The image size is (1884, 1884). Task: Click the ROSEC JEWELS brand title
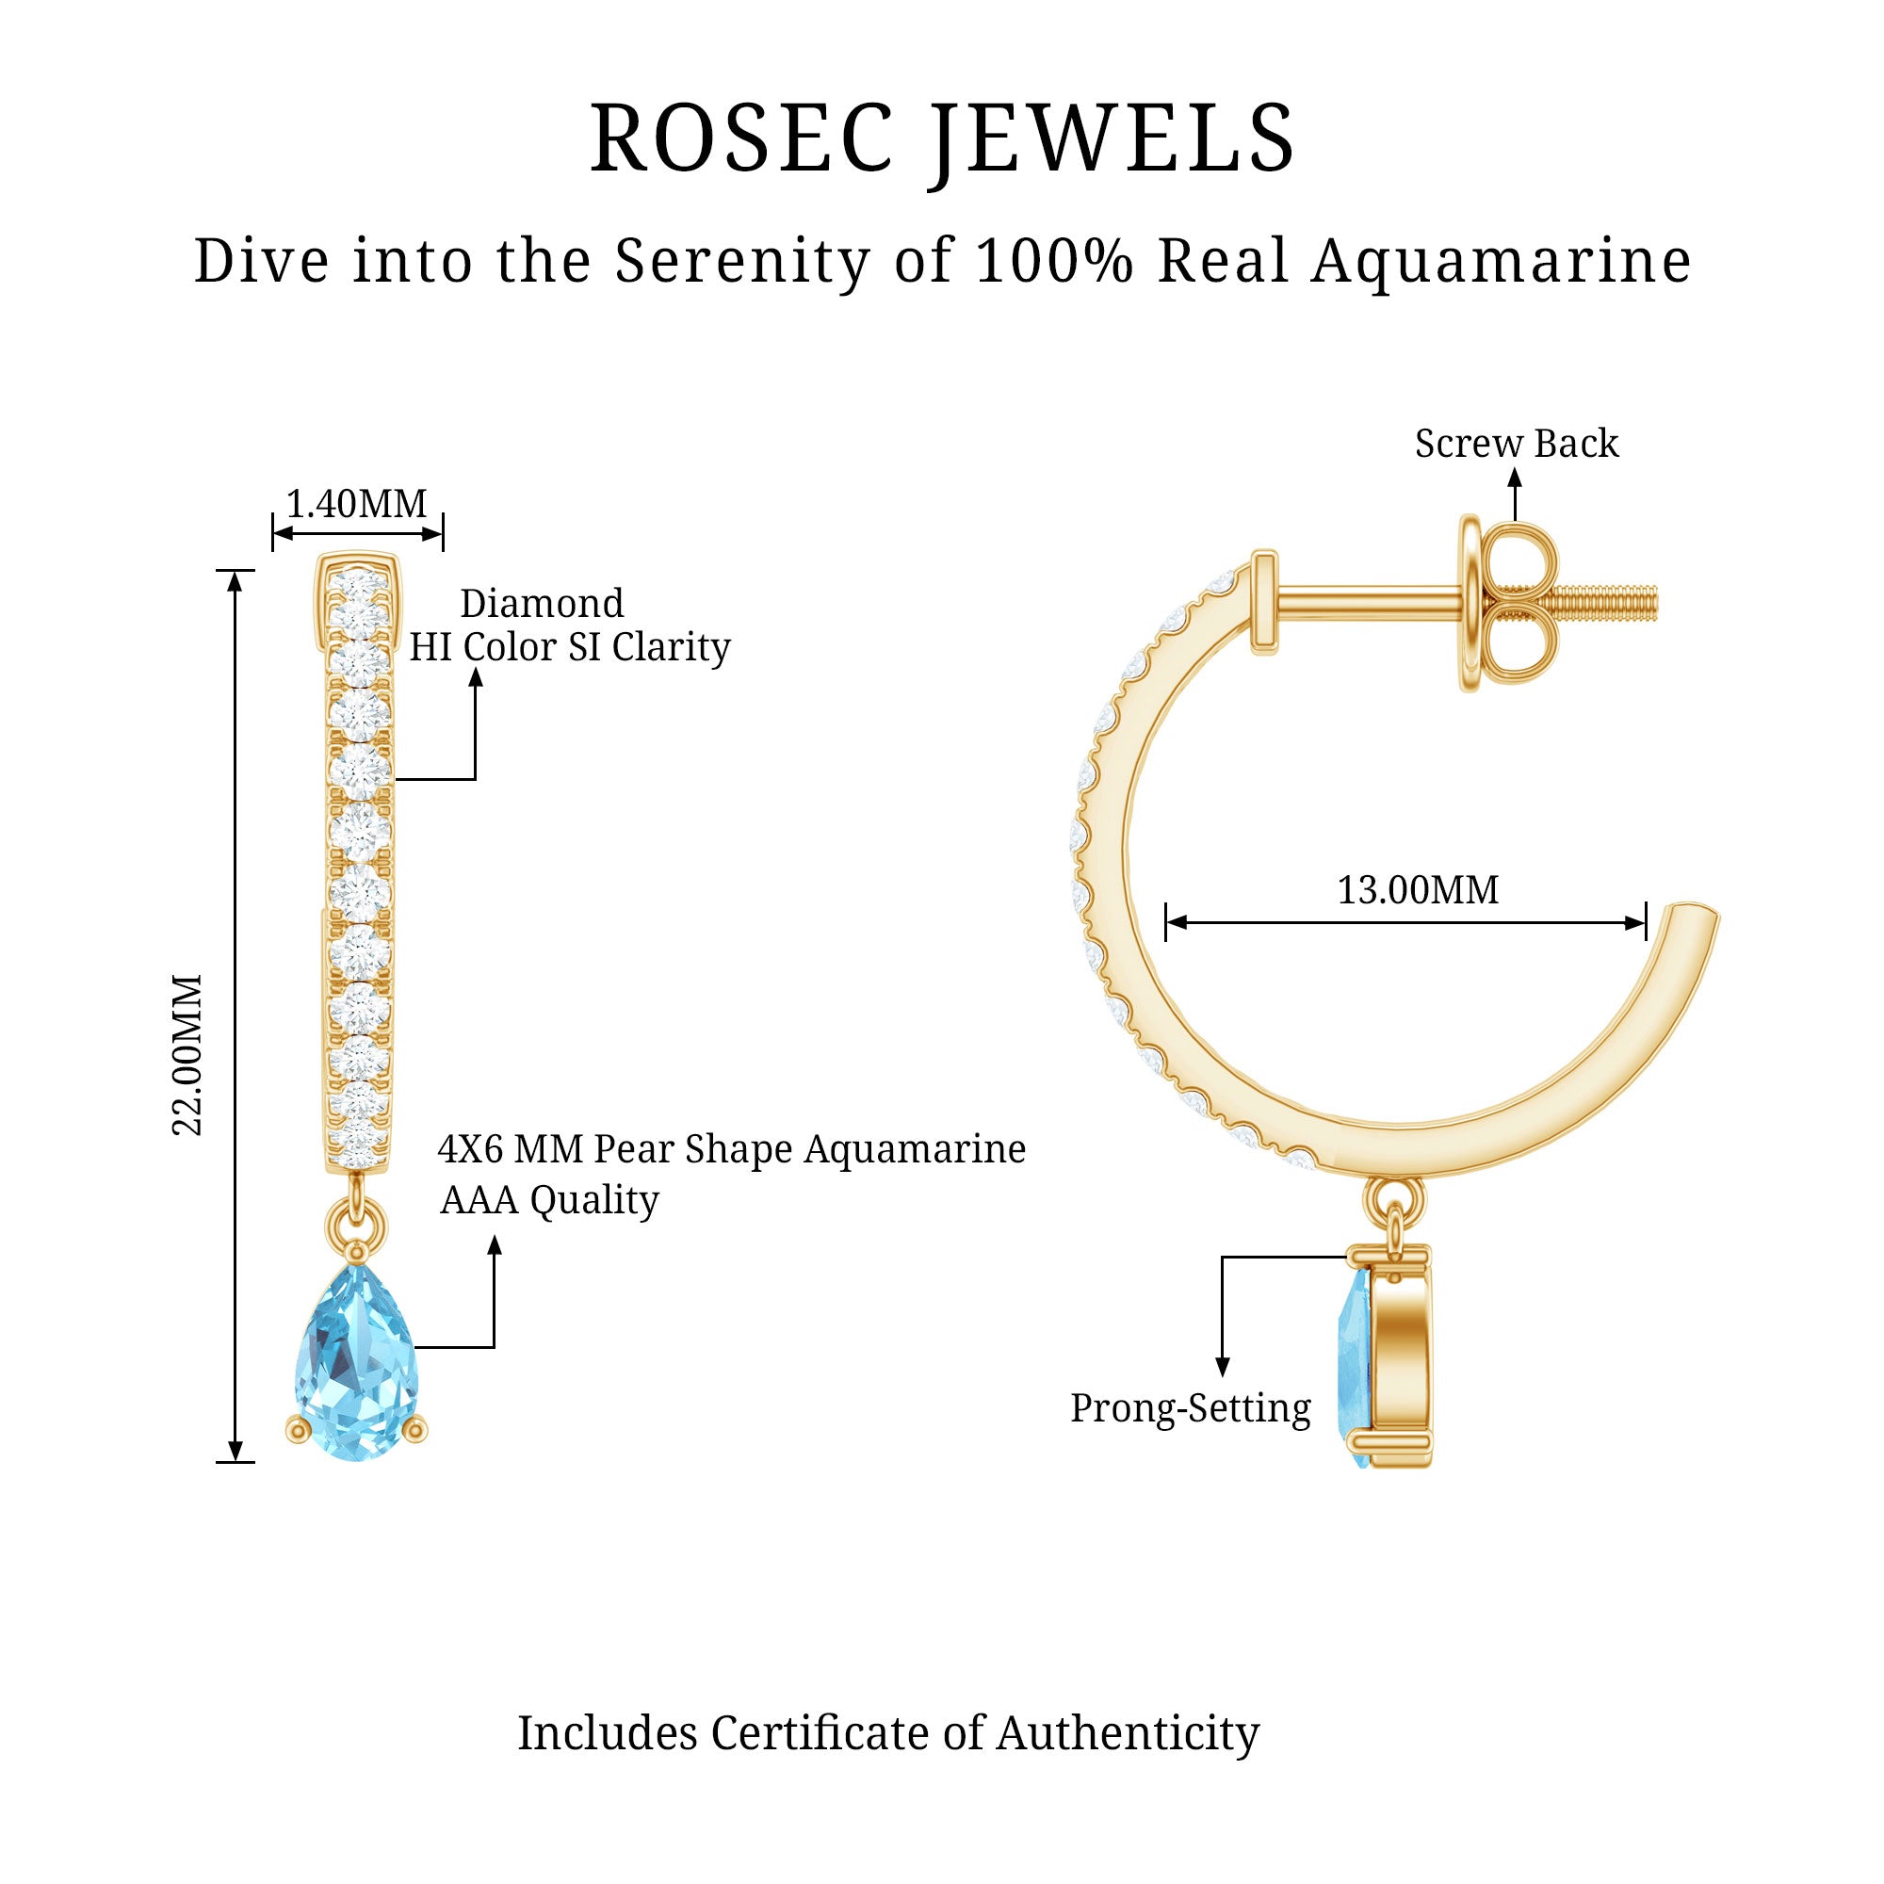[942, 139]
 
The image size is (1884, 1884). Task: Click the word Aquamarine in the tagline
[1501, 261]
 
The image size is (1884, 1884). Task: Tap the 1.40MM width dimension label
[357, 504]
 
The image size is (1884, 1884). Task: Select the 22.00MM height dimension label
[187, 1055]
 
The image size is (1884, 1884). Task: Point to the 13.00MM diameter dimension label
[1417, 890]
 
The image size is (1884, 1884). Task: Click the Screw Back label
[1517, 444]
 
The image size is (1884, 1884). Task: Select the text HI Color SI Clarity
[570, 647]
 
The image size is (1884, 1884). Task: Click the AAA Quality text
[549, 1200]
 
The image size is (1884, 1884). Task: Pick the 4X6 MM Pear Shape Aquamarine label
[731, 1149]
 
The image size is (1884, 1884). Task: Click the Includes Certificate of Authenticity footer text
[887, 1733]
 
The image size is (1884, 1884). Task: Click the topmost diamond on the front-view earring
[359, 587]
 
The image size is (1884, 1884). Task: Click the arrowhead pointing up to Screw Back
[1515, 477]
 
